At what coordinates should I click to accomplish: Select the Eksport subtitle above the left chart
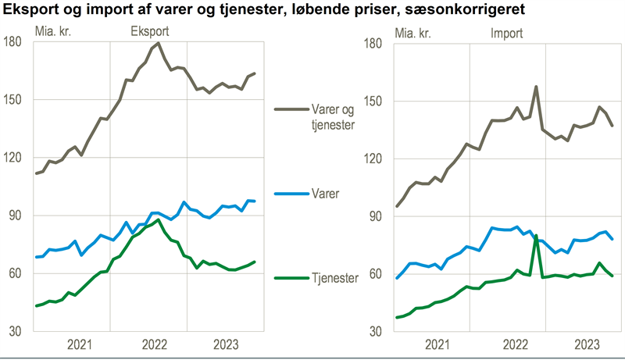[x=151, y=33]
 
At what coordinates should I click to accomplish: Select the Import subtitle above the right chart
[x=506, y=33]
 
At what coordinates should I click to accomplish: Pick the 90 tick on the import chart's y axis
[x=375, y=216]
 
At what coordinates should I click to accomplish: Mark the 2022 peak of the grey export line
[x=159, y=43]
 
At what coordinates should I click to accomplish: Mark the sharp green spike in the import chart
[x=536, y=235]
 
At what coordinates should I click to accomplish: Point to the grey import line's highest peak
[x=536, y=87]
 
